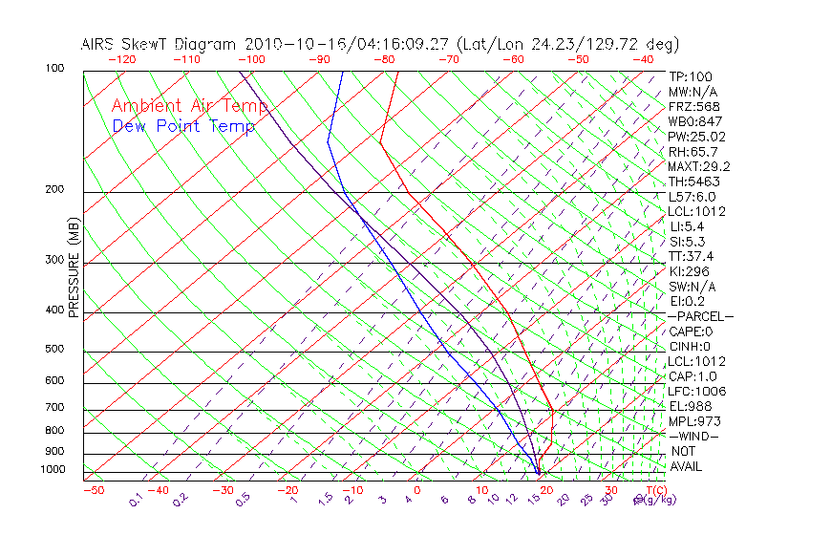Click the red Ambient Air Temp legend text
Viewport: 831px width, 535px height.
click(x=189, y=106)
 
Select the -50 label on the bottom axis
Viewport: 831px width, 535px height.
click(x=93, y=491)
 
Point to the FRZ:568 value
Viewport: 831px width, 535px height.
click(x=690, y=107)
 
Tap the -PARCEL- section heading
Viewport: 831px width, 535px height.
click(x=700, y=316)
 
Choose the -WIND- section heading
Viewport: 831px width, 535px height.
click(x=693, y=436)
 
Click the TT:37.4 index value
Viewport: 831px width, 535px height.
click(x=690, y=256)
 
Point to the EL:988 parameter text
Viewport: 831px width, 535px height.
click(x=690, y=406)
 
